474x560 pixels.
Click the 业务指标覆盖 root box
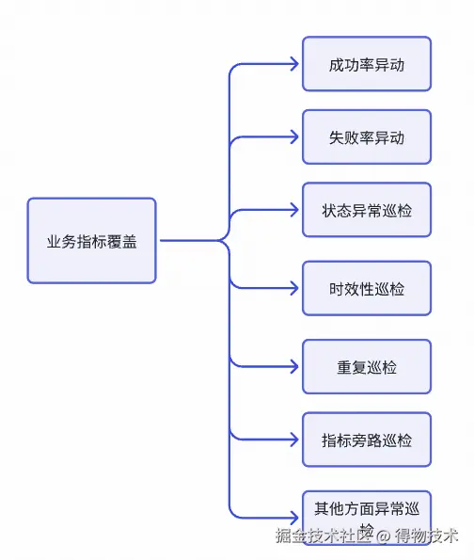91,240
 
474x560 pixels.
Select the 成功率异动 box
366,64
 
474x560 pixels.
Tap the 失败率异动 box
366,136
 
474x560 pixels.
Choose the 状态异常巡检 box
366,209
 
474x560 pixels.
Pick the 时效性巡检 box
366,288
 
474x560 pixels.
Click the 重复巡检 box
366,366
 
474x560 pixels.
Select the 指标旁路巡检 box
366,440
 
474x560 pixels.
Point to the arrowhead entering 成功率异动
295,64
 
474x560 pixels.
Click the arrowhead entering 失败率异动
295,136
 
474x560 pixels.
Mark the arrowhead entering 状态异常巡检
295,209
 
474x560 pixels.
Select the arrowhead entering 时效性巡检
295,288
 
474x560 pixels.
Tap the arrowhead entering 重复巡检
295,366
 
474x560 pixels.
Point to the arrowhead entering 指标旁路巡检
295,440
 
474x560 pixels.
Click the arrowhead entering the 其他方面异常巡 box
295,517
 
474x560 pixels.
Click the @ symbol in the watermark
383,536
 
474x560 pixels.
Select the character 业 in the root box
55,241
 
